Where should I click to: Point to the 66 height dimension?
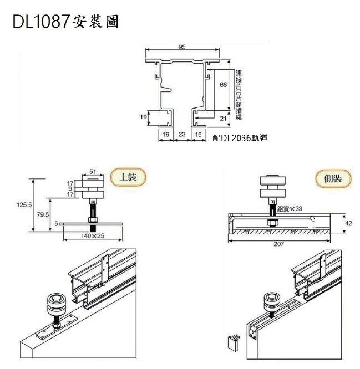point(224,85)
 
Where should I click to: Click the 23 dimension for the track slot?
point(182,134)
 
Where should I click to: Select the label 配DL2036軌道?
point(240,139)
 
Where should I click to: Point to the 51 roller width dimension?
point(92,171)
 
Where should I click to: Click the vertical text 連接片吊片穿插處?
point(239,94)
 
